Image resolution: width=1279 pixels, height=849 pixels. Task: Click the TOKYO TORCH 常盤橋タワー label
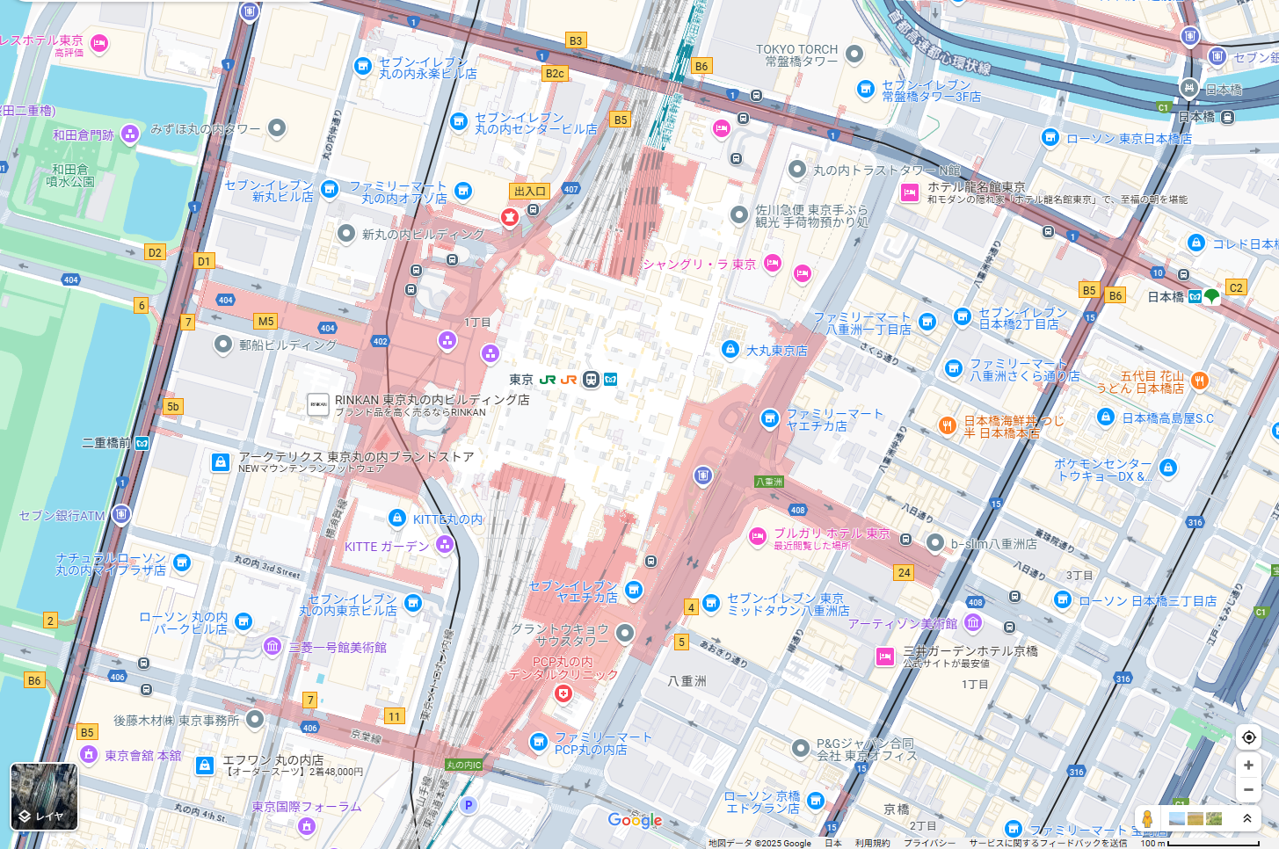pyautogui.click(x=796, y=55)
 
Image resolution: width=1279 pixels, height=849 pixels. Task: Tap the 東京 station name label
pyautogui.click(x=521, y=380)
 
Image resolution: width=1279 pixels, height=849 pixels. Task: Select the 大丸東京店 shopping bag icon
pyautogui.click(x=730, y=349)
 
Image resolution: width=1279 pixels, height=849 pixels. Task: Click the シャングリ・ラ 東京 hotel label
pyautogui.click(x=699, y=264)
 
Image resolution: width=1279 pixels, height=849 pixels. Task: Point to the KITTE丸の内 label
pyautogui.click(x=447, y=519)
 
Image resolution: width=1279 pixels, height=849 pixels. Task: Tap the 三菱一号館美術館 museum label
pyautogui.click(x=338, y=647)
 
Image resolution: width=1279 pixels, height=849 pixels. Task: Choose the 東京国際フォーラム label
pyautogui.click(x=306, y=806)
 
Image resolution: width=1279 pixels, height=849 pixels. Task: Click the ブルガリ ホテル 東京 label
pyautogui.click(x=832, y=533)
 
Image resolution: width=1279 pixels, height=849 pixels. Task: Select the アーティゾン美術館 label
pyautogui.click(x=902, y=623)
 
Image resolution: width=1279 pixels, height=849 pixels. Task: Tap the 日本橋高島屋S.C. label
pyautogui.click(x=1167, y=417)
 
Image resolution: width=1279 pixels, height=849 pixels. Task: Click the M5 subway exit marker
pyautogui.click(x=265, y=321)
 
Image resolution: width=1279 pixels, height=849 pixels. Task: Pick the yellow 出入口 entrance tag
pyautogui.click(x=530, y=191)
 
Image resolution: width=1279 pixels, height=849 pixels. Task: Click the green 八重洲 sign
pyautogui.click(x=768, y=482)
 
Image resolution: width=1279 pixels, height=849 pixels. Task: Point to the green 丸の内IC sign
pyautogui.click(x=463, y=765)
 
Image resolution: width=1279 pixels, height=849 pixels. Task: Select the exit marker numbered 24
pyautogui.click(x=904, y=572)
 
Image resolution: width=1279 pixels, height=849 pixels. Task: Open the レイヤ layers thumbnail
pyautogui.click(x=44, y=796)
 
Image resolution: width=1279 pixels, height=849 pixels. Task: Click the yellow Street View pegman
pyautogui.click(x=1146, y=818)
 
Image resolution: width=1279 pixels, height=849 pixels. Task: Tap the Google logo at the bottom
pyautogui.click(x=635, y=820)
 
